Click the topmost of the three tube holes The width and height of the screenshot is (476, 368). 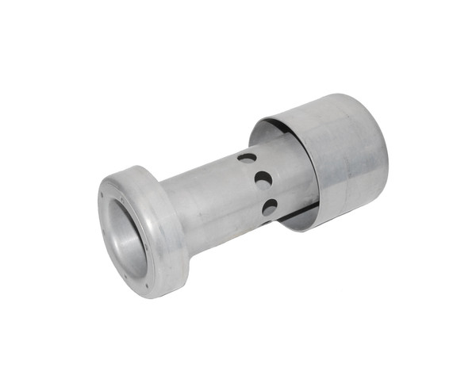[x=248, y=158]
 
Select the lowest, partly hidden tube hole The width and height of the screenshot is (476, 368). [x=271, y=208]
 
